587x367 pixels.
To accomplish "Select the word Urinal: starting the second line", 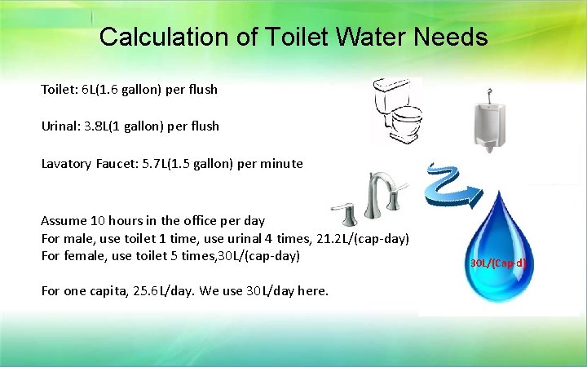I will tap(59, 126).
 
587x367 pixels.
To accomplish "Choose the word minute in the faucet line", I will tap(283, 164).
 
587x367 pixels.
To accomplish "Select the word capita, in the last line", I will tap(108, 290).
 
